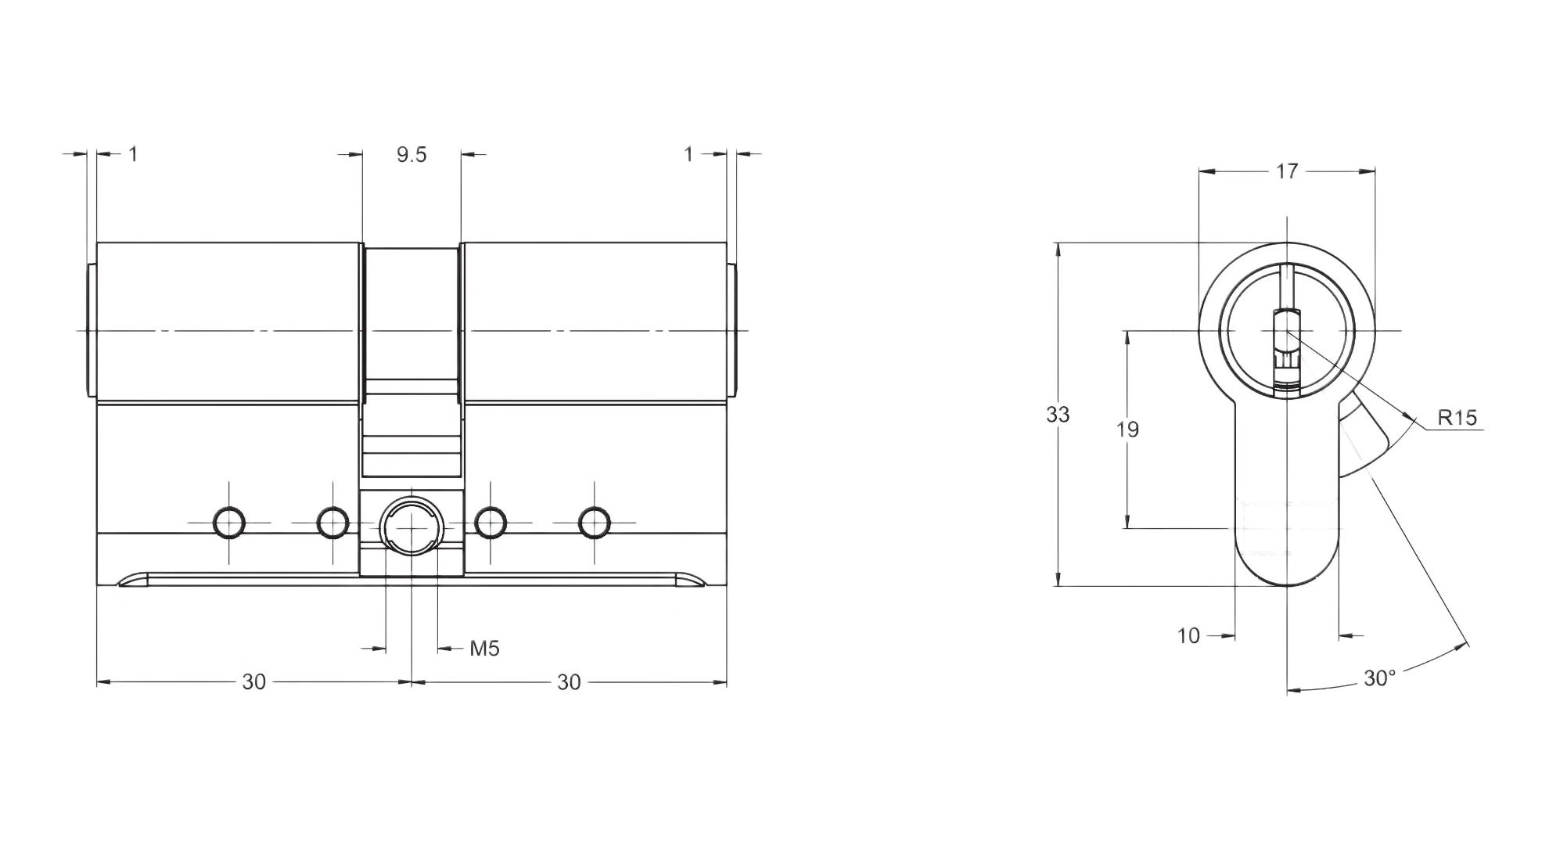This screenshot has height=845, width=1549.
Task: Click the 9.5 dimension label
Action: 411,154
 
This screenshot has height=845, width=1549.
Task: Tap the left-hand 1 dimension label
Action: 134,154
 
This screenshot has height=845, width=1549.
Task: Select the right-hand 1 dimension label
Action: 688,154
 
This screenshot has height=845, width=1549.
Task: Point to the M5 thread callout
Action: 484,648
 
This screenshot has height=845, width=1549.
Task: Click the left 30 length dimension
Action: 253,681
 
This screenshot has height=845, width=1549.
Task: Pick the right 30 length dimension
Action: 569,681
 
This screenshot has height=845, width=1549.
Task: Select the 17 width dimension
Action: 1287,171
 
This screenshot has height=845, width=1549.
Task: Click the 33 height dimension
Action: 1058,414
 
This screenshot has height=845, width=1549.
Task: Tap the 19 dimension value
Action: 1127,430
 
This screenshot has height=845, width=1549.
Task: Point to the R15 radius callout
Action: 1457,417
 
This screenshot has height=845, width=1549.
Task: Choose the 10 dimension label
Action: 1188,635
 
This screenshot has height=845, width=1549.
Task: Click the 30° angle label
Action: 1378,678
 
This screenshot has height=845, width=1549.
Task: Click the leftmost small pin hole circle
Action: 229,521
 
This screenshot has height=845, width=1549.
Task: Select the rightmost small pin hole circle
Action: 594,521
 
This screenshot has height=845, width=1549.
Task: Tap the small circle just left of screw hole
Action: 332,521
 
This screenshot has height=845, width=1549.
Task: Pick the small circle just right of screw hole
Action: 491,521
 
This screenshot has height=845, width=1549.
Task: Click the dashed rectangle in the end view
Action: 1285,527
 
